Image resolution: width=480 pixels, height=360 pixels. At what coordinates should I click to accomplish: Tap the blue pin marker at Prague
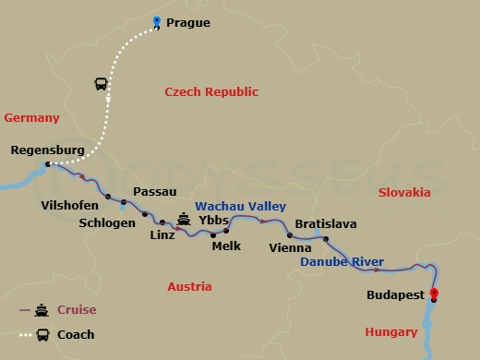[x=157, y=22]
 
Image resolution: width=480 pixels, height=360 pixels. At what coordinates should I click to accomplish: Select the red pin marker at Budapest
[x=433, y=295]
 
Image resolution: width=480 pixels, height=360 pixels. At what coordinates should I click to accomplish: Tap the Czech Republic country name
[x=211, y=92]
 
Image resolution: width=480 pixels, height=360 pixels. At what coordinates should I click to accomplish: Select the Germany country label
[x=31, y=118]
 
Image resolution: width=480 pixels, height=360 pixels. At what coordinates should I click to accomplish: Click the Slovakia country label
[x=404, y=193]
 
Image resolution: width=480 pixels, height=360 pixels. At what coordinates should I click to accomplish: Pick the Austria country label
[x=189, y=287]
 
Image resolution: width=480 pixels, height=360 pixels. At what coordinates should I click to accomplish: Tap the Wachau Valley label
[x=240, y=207]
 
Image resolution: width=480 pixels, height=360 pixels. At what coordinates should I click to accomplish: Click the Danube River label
[x=342, y=263]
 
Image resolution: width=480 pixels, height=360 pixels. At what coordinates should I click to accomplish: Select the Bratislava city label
[x=325, y=224]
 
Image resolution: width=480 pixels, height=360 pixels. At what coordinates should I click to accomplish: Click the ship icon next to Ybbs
[x=184, y=220]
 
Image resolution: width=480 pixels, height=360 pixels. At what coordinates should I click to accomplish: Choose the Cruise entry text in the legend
[x=78, y=310]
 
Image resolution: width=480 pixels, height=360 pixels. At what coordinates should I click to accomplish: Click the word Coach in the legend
[x=77, y=335]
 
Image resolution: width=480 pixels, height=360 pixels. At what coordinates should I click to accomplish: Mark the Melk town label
[x=226, y=246]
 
